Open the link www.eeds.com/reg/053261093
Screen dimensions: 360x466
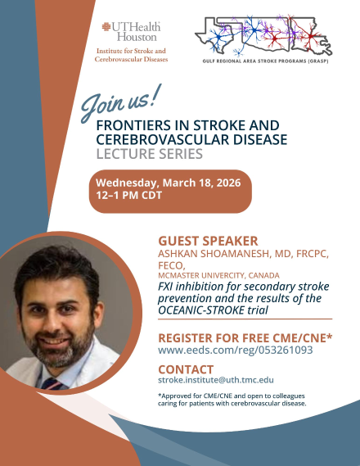pyautogui.click(x=235, y=351)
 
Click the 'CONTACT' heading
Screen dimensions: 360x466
pyautogui.click(x=186, y=369)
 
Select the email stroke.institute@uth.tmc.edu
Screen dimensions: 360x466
pyautogui.click(x=216, y=381)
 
